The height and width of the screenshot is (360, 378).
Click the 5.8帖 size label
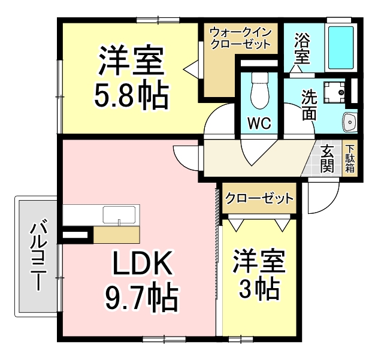coord(131,94)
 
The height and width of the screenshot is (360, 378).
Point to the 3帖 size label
coord(259,290)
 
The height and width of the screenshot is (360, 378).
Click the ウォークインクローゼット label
coord(240,37)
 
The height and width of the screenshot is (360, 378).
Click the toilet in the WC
coord(259,90)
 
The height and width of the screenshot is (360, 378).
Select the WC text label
coord(259,124)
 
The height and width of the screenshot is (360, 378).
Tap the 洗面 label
coord(308,104)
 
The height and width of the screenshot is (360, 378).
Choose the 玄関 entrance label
coord(327,160)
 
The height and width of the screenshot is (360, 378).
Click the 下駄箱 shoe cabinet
coord(350,159)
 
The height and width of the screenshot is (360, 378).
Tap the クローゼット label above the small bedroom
coord(259,198)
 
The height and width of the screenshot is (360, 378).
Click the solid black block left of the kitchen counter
coord(75,235)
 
